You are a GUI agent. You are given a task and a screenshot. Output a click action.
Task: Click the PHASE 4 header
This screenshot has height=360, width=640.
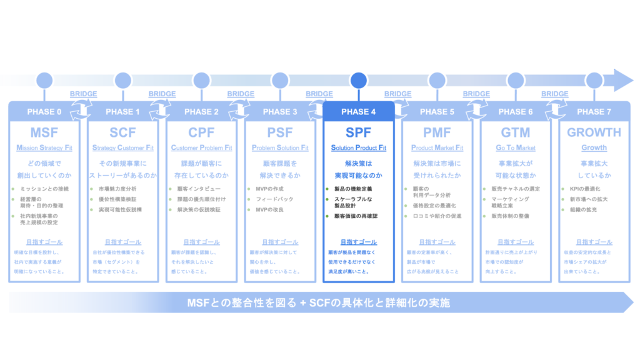tap(359, 112)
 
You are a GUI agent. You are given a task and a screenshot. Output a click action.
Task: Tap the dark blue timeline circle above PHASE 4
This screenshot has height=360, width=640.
tap(359, 80)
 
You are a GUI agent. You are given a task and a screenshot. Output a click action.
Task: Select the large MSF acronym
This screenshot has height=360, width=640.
tap(44, 132)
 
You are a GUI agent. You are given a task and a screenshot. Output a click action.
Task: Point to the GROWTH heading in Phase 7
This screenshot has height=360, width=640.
tap(594, 132)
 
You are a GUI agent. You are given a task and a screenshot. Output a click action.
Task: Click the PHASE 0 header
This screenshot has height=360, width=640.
tap(44, 112)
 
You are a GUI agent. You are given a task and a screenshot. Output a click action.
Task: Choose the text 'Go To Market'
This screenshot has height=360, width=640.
tap(516, 148)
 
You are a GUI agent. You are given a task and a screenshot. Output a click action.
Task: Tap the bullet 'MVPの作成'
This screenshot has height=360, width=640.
tap(270, 189)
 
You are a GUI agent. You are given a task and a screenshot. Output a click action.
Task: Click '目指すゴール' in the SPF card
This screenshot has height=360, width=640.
tap(359, 242)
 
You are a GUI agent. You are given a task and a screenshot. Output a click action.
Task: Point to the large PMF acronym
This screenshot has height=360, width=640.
tap(437, 132)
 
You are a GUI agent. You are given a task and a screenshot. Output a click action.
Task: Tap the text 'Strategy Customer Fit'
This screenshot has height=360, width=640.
tap(123, 148)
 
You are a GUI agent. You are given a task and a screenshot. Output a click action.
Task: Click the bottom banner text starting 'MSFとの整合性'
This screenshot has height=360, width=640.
tap(319, 303)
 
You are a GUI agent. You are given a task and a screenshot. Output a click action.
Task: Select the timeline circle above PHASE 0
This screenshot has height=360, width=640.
tap(44, 80)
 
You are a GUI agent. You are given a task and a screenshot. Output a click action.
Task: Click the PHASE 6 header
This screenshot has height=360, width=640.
tap(516, 112)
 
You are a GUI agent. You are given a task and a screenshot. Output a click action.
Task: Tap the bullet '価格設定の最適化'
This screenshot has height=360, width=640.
tap(435, 205)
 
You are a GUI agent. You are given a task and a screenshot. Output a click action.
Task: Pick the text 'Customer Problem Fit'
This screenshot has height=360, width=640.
tap(201, 148)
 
